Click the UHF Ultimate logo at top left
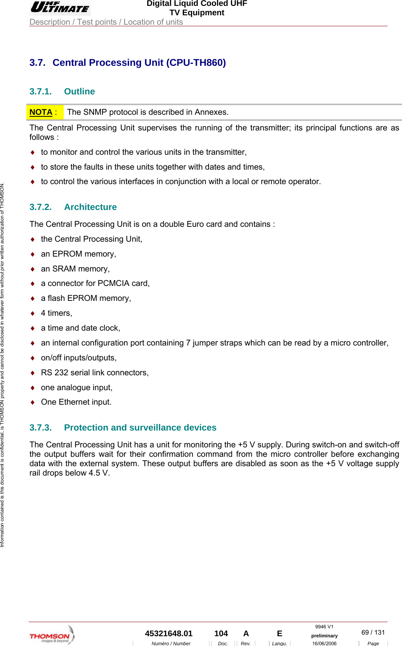60,7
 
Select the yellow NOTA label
41,112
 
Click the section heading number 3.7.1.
40,92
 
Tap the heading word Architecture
90,207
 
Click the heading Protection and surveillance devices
140,428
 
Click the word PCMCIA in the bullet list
114,284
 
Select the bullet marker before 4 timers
33,313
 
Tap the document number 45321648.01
169,633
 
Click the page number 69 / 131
373,632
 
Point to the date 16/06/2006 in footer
324,643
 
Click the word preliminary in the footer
324,636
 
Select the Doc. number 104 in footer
221,633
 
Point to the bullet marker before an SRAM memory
33,269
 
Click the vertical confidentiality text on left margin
2,364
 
